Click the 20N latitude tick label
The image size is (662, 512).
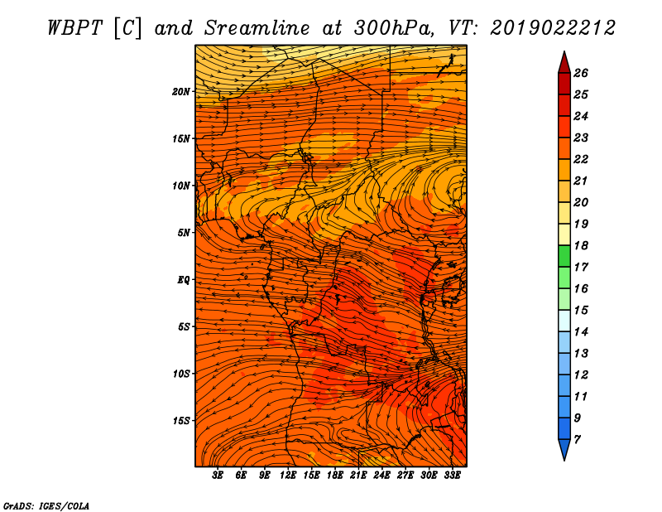pos(180,92)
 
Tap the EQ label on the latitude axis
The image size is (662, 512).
pos(184,280)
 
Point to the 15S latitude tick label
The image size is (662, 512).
pos(181,421)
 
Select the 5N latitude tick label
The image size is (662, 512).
pos(184,233)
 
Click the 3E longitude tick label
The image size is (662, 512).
pos(218,476)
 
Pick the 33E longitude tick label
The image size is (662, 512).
pos(452,476)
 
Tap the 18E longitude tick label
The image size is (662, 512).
pos(335,476)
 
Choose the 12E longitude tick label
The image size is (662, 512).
pos(288,476)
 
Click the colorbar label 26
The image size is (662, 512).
pos(581,73)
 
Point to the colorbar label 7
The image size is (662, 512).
pos(578,440)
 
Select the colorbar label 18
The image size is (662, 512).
pos(581,245)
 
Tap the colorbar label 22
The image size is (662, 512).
pos(581,159)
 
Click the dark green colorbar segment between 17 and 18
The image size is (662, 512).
pos(564,256)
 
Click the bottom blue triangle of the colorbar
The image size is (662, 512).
pos(564,449)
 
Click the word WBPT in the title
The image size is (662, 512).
pos(74,28)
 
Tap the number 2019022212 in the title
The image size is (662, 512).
pos(553,28)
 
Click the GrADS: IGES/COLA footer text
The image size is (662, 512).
pos(46,505)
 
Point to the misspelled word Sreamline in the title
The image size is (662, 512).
pos(257,28)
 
